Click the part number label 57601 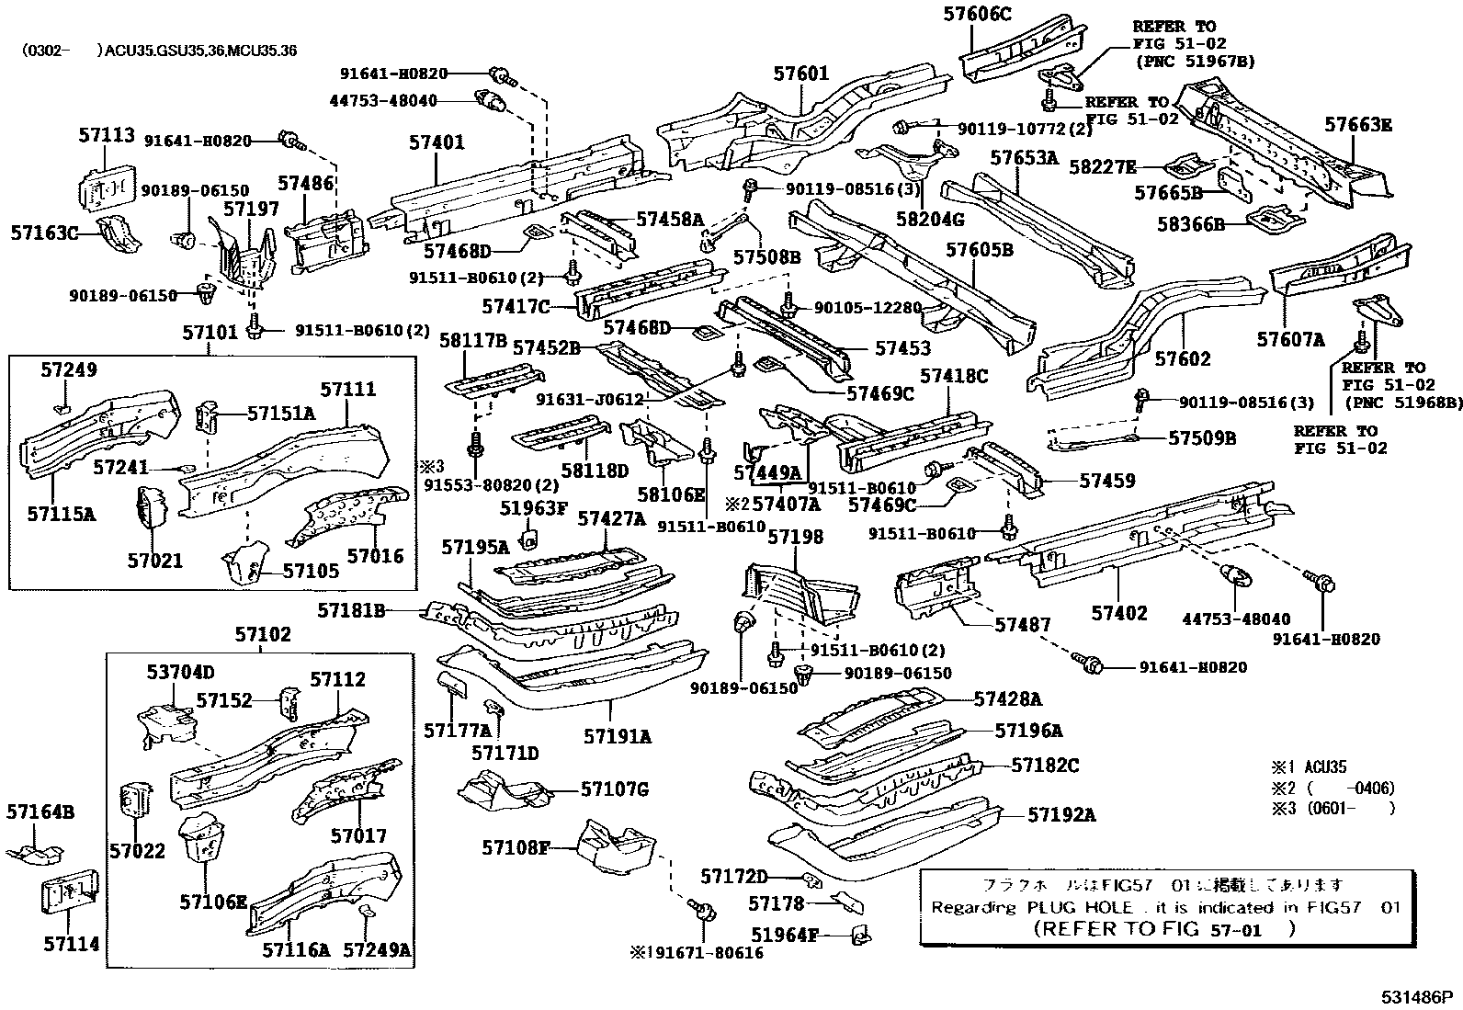click(800, 74)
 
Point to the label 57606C click(976, 13)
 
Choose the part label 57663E click(1358, 125)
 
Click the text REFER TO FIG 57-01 click(1164, 928)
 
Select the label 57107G click(615, 789)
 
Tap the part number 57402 click(1119, 613)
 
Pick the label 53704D click(180, 672)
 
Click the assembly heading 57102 click(262, 634)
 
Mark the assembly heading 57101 click(210, 332)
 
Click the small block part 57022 click(138, 800)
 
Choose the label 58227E click(1103, 167)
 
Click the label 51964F click(784, 936)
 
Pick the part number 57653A click(1024, 158)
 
